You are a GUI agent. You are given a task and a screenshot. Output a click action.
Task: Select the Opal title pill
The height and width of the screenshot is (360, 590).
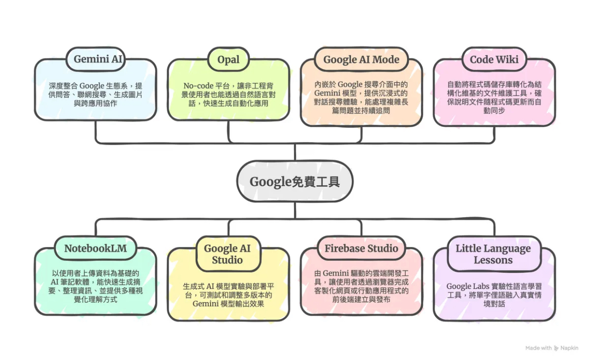pos(228,59)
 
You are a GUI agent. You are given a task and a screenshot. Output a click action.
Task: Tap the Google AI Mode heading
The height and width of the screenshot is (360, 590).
pos(362,59)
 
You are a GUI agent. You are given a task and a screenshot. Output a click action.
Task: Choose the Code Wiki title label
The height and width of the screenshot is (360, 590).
pos(494,59)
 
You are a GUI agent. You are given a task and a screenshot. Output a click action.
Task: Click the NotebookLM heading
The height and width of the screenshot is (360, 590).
pos(95,248)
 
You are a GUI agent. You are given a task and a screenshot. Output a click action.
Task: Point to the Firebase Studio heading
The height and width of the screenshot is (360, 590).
pos(362,248)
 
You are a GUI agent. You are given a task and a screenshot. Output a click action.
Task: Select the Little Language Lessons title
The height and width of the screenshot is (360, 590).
pos(494,254)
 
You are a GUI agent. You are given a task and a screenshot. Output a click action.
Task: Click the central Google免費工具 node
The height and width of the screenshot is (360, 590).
pos(295,181)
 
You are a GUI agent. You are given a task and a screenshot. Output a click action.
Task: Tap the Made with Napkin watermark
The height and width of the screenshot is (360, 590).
pos(552,348)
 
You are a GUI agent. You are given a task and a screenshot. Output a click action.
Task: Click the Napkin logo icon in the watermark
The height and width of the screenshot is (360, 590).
pos(556,348)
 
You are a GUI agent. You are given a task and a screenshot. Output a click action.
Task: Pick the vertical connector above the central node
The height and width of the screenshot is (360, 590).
pos(295,152)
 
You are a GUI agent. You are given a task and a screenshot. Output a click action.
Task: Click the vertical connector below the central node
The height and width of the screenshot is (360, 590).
pos(295,210)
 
